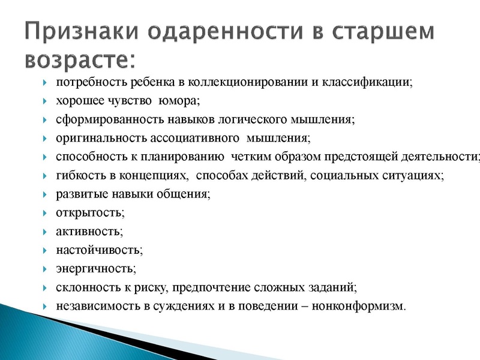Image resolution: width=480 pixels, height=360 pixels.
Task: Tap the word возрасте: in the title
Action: tap(81, 59)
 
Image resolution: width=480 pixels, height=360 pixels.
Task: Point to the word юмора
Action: tap(181, 101)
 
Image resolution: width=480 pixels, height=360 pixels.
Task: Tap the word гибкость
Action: tap(79, 176)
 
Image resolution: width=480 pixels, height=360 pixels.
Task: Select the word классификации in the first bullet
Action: tap(370, 82)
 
